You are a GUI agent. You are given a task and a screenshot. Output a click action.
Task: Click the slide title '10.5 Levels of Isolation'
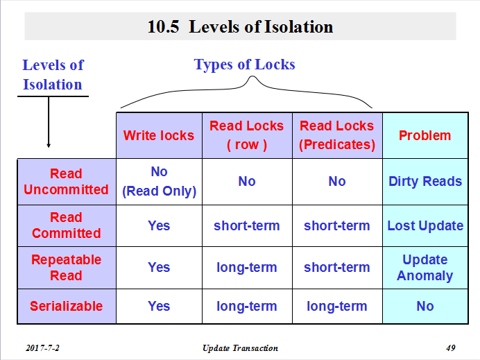click(x=240, y=26)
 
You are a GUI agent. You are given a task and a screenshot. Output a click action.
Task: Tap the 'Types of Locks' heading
click(x=244, y=65)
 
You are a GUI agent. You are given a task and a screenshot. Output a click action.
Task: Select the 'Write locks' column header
click(x=159, y=135)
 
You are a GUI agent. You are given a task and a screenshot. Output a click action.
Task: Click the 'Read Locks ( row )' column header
click(x=246, y=135)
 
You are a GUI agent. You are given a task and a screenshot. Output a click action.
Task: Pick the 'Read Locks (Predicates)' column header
click(x=336, y=135)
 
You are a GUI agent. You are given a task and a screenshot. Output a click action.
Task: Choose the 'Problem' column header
click(x=425, y=135)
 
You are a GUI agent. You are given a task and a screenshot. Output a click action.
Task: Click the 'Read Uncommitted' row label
click(x=66, y=182)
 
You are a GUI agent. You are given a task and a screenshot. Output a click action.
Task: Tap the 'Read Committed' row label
click(x=66, y=225)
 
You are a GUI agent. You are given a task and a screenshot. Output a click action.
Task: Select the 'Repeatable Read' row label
click(x=66, y=268)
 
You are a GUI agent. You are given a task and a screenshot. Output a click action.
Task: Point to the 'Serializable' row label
click(x=66, y=306)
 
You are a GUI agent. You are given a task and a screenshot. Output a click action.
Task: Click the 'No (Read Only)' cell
click(x=159, y=182)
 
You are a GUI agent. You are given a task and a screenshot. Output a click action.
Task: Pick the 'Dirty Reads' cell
click(x=425, y=181)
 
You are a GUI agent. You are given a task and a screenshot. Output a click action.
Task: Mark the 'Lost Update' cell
click(x=425, y=225)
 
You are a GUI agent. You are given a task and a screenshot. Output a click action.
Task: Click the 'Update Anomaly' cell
click(x=425, y=268)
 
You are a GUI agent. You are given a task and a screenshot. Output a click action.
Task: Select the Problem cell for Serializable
click(x=425, y=306)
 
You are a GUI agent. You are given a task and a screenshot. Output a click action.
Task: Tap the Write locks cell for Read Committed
click(x=159, y=225)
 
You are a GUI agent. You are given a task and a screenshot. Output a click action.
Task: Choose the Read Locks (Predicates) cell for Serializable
click(x=336, y=306)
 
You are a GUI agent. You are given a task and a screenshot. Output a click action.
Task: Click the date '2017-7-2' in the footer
click(x=42, y=348)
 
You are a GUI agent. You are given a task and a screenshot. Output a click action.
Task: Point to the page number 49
click(x=451, y=348)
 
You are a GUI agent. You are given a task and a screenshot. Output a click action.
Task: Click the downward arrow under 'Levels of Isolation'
click(x=49, y=122)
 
